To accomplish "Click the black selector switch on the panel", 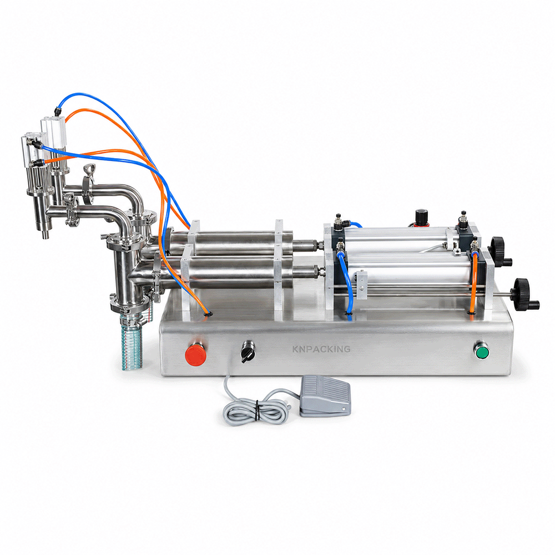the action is pos(247,351).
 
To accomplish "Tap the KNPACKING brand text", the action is pos(321,349).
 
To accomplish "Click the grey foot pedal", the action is pos(325,395).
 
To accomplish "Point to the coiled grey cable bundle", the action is pos(255,407).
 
